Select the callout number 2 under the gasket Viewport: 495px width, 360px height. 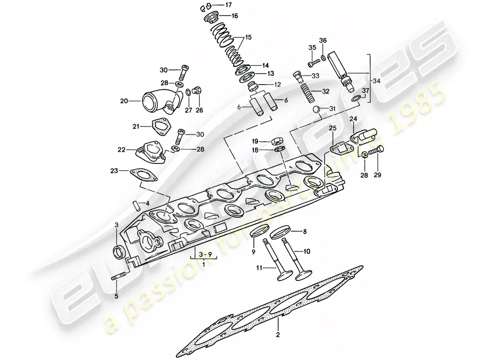click(x=278, y=334)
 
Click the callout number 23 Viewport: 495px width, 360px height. click(x=114, y=171)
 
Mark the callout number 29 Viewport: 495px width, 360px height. click(x=378, y=175)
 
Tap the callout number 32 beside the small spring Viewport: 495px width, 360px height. click(x=325, y=91)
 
